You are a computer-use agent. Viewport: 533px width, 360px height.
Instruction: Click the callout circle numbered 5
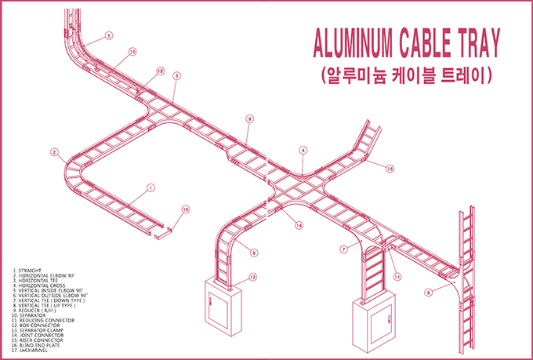[x=109, y=35]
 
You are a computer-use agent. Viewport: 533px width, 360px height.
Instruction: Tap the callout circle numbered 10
[x=132, y=52]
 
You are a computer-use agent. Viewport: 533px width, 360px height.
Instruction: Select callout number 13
[x=160, y=71]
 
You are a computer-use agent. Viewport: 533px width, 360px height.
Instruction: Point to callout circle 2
[x=54, y=152]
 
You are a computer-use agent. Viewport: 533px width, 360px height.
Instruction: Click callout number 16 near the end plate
[x=186, y=209]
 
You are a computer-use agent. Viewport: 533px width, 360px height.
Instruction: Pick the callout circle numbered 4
[x=303, y=150]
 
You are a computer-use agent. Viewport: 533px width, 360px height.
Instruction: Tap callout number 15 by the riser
[x=390, y=169]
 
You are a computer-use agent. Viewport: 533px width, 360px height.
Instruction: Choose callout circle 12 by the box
[x=252, y=277]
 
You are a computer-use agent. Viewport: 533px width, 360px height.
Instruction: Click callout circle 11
[x=397, y=277]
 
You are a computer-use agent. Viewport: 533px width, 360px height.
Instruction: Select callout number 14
[x=299, y=226]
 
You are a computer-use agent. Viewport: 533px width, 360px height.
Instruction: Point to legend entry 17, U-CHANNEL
[x=34, y=346]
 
